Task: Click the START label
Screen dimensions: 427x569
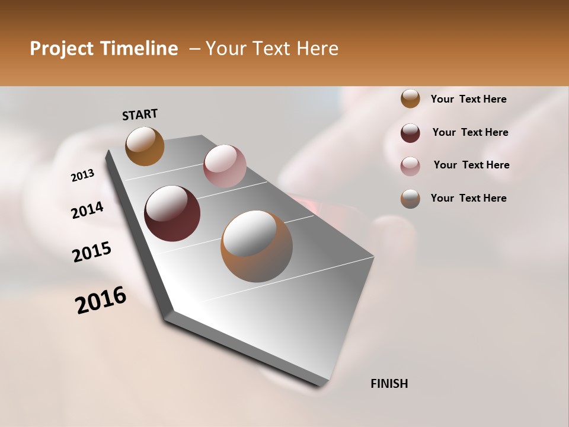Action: (140, 114)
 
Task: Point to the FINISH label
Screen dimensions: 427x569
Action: (389, 384)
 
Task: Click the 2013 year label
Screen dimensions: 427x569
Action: (83, 176)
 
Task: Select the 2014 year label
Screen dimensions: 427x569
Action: (87, 211)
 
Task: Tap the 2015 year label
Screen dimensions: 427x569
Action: (92, 252)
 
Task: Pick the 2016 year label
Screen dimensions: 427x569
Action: (101, 300)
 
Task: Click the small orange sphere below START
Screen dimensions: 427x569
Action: (145, 146)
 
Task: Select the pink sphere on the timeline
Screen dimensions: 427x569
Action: (225, 166)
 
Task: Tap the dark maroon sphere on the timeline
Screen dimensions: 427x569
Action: (172, 213)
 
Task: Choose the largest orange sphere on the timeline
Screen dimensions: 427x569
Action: (257, 246)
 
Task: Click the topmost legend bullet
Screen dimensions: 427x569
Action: (410, 98)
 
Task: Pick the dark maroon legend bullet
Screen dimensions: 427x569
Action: (410, 132)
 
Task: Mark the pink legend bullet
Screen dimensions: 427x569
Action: (410, 165)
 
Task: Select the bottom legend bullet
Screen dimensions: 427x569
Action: (410, 198)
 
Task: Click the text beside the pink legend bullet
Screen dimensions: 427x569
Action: (471, 165)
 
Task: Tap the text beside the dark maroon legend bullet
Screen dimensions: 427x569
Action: (470, 132)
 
